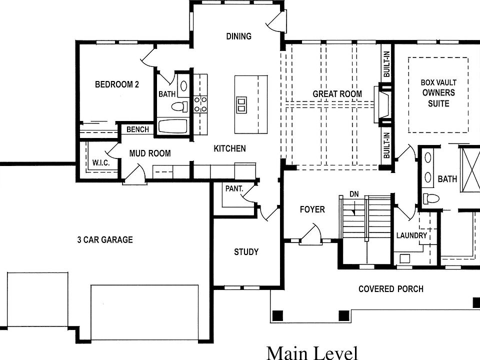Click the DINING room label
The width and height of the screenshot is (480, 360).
pyautogui.click(x=238, y=36)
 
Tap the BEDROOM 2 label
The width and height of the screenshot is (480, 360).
pyautogui.click(x=117, y=84)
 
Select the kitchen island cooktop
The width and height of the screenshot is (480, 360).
pyautogui.click(x=241, y=104)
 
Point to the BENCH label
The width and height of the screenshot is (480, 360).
pyautogui.click(x=137, y=129)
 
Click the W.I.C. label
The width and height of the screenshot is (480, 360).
pyautogui.click(x=100, y=163)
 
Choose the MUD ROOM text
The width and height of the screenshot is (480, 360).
pyautogui.click(x=150, y=153)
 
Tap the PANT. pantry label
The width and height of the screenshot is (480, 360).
pyautogui.click(x=234, y=189)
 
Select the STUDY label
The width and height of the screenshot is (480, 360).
pyautogui.click(x=246, y=251)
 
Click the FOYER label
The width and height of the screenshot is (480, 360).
pyautogui.click(x=312, y=209)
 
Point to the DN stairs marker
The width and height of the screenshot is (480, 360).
pyautogui.click(x=354, y=193)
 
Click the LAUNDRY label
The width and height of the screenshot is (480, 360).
pyautogui.click(x=411, y=235)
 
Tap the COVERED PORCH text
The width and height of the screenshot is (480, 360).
pyautogui.click(x=390, y=289)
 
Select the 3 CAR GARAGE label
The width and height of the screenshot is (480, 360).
pyautogui.click(x=105, y=240)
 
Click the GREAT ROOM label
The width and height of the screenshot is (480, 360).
pyautogui.click(x=337, y=94)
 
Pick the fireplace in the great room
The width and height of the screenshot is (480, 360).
pyautogui.click(x=383, y=105)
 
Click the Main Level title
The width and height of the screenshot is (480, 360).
pyautogui.click(x=312, y=352)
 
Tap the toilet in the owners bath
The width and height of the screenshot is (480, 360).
pyautogui.click(x=430, y=198)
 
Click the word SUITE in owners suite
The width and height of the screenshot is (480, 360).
pyautogui.click(x=438, y=103)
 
